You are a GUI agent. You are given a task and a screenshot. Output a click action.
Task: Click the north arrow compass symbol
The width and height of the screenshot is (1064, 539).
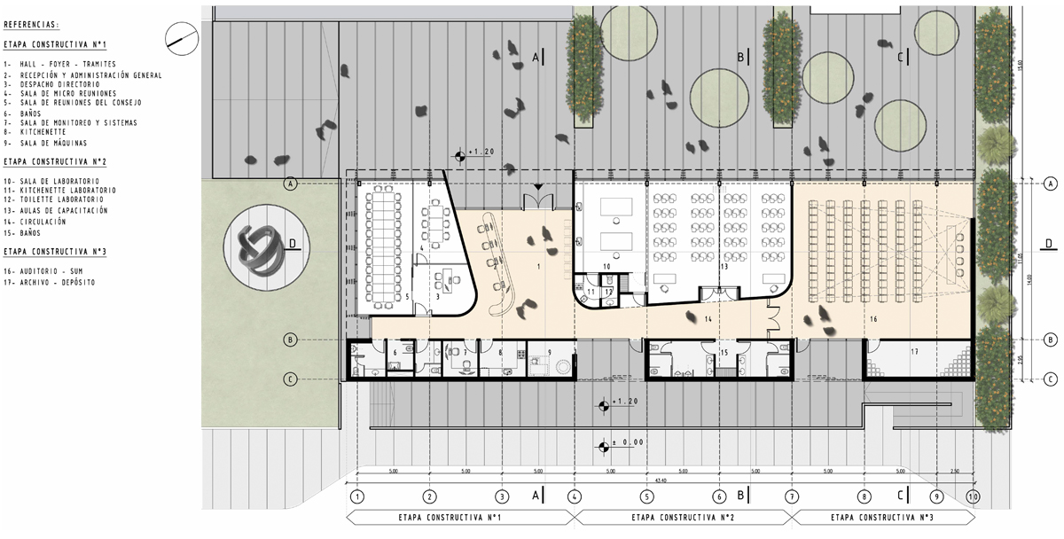point(181,35)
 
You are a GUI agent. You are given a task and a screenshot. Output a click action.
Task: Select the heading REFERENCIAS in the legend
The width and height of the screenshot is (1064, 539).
point(32,25)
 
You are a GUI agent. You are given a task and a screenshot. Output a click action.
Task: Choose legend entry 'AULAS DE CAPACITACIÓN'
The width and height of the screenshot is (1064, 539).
point(62,211)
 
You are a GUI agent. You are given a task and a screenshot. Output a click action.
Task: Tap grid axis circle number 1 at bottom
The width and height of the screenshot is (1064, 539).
point(356,497)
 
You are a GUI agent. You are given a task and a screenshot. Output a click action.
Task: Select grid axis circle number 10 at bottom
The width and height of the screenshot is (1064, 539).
point(974,497)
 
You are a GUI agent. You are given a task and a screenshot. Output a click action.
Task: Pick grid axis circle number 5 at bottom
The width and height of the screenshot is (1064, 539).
point(646,497)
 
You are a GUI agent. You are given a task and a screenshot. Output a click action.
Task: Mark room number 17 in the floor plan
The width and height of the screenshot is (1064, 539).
point(914,353)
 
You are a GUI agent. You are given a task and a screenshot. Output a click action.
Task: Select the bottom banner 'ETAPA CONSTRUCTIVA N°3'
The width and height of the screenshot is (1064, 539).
point(888,517)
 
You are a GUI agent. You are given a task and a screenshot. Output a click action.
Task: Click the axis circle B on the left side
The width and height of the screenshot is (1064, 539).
point(289,340)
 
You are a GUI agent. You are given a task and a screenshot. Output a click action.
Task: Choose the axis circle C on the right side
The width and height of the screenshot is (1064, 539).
point(1050,379)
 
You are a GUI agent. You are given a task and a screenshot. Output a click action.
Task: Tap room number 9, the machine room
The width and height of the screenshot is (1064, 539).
point(549,353)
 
